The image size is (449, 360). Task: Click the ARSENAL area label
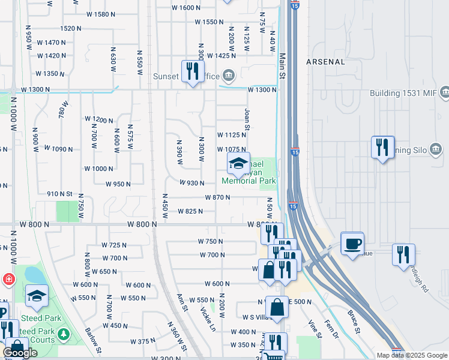[x=325, y=62]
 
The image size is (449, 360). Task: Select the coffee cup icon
[x=352, y=244]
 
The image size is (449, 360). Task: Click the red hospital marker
[x=8, y=279]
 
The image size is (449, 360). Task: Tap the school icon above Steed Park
[x=37, y=296]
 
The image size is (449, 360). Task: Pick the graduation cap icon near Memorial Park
[x=238, y=163]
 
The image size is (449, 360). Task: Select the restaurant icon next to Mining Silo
[x=382, y=147]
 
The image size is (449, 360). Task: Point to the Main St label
[x=281, y=67]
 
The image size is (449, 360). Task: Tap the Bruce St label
[x=354, y=321]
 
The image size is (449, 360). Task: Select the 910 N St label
[x=59, y=194]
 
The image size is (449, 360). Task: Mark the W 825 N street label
[x=190, y=211]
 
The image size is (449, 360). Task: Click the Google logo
[x=20, y=353]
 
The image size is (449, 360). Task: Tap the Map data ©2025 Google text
[x=411, y=355]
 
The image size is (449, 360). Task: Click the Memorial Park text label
[x=249, y=181]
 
